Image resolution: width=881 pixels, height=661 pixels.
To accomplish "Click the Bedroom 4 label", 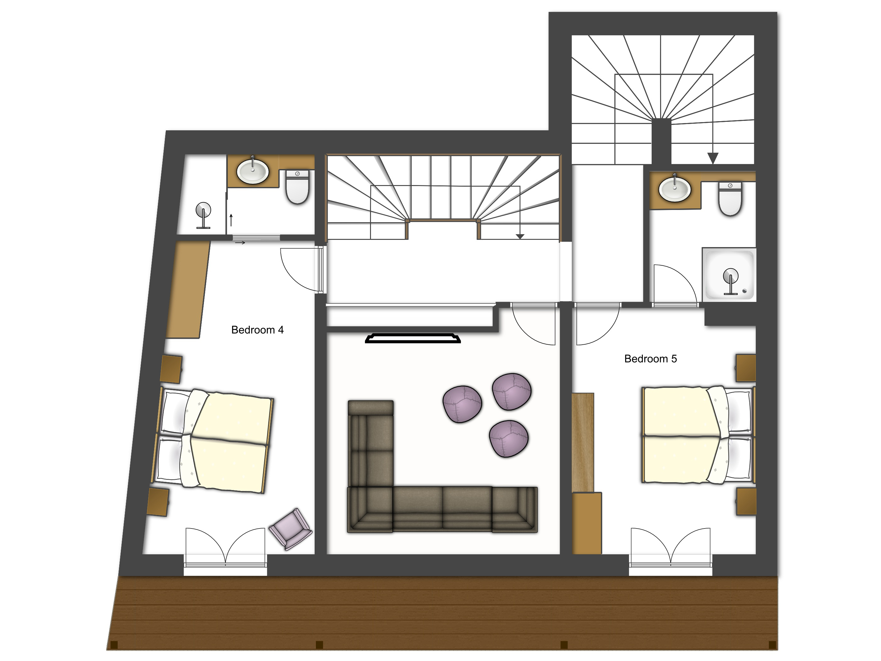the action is click(257, 330).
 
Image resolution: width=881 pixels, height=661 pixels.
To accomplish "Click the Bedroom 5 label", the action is click(650, 359).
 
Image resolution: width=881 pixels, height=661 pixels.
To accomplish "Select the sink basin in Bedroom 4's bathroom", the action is click(253, 171).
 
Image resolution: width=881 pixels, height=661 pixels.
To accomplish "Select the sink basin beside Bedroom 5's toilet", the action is click(674, 189).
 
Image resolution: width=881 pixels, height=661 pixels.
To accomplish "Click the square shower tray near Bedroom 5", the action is click(729, 274).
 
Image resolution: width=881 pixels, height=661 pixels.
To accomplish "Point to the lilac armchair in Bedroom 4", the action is click(291, 529).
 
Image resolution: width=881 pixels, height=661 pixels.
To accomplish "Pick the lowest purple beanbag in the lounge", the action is click(508, 439).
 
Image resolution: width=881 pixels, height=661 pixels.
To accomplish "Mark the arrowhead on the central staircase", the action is click(520, 236).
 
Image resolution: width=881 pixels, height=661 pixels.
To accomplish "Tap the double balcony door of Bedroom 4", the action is click(225, 547).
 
